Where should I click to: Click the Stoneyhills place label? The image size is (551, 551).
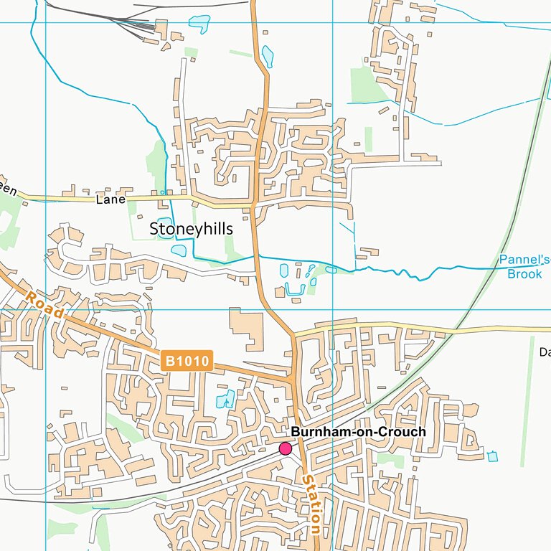[x=191, y=228]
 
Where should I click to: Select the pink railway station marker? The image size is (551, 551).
[x=285, y=448]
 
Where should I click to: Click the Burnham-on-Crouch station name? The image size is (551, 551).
[x=358, y=432]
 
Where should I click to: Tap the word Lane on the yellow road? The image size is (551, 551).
[x=110, y=200]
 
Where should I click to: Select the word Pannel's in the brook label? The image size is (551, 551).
[x=524, y=260]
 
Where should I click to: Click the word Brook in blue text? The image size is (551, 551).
[x=524, y=273]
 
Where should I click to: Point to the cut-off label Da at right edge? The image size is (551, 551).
[x=545, y=352]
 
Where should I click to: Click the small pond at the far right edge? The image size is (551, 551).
[x=492, y=456]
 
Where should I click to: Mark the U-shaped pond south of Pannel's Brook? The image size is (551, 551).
[x=295, y=290]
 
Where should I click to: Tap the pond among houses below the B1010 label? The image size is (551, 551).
[x=225, y=399]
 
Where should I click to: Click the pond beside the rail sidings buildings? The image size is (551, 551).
[x=199, y=24]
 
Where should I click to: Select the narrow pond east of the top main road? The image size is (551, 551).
[x=268, y=56]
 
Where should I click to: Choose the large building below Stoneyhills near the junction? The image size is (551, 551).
[x=245, y=329]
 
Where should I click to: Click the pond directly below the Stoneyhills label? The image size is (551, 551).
[x=179, y=250]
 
